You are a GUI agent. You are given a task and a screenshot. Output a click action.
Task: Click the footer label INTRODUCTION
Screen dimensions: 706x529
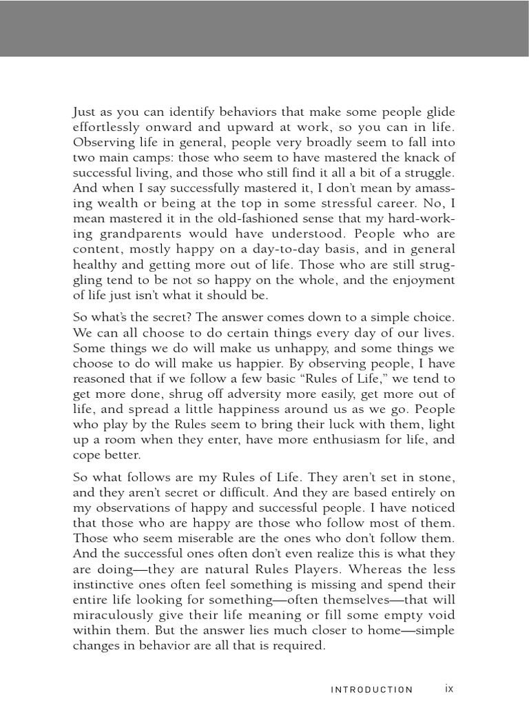pos(372,689)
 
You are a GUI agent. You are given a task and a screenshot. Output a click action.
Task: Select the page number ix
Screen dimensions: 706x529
pos(450,688)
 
